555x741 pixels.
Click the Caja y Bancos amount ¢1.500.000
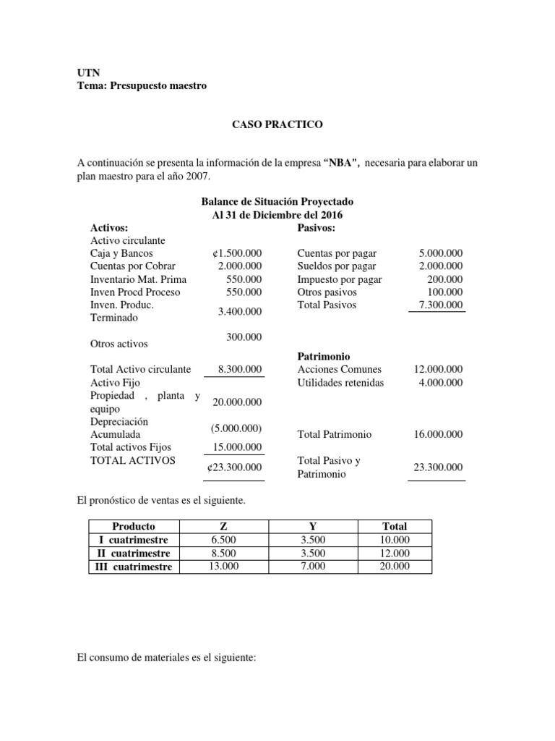[234, 253]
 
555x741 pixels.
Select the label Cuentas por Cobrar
[132, 266]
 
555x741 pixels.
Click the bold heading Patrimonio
[324, 357]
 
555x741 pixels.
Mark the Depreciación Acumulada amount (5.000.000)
[236, 428]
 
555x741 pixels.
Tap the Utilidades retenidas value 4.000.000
[441, 383]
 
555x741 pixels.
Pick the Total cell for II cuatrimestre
[395, 554]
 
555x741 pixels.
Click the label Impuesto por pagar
[340, 279]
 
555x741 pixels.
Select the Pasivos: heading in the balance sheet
[316, 227]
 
